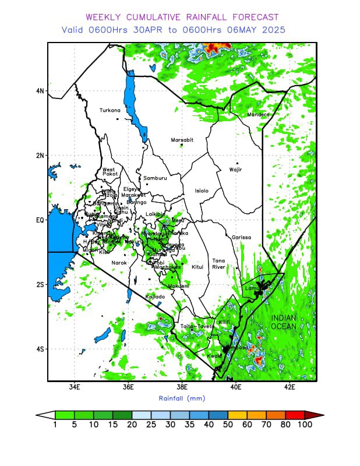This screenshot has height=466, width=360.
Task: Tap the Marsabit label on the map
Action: point(182,140)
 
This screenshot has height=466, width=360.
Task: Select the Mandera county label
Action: point(259,115)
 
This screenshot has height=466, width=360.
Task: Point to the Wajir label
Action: point(235,170)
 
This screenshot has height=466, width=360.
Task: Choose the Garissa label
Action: point(241,238)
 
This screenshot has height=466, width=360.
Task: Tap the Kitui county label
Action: point(197,267)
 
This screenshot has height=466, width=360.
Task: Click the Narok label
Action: point(119,263)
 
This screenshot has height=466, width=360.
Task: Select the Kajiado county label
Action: point(155,296)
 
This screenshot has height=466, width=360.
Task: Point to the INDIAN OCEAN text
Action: point(283,322)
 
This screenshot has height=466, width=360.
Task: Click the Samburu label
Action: point(155,178)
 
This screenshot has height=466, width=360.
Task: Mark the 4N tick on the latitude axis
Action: point(40,91)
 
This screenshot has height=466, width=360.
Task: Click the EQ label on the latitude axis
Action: point(40,220)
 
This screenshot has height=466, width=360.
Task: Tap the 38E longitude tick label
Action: point(182,387)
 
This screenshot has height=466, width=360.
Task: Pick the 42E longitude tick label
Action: point(290,387)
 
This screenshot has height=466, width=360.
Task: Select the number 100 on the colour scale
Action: point(305,425)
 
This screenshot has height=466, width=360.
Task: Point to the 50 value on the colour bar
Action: point(228,425)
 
